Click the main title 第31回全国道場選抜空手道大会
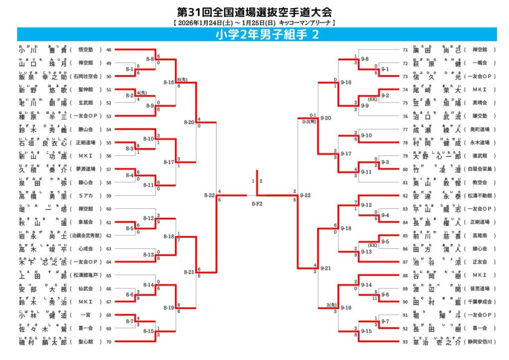coord(254,12)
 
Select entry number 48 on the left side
coord(109,50)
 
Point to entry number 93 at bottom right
coord(405,342)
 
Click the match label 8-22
coord(209,195)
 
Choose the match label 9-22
coord(305,195)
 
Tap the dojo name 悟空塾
coord(87,50)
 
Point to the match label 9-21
coord(326,268)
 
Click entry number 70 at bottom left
coord(109,342)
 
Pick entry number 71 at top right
coord(405,50)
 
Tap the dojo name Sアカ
coord(87,196)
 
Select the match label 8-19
coord(169,308)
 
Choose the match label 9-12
coord(366,205)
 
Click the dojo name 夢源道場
coord(87,169)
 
